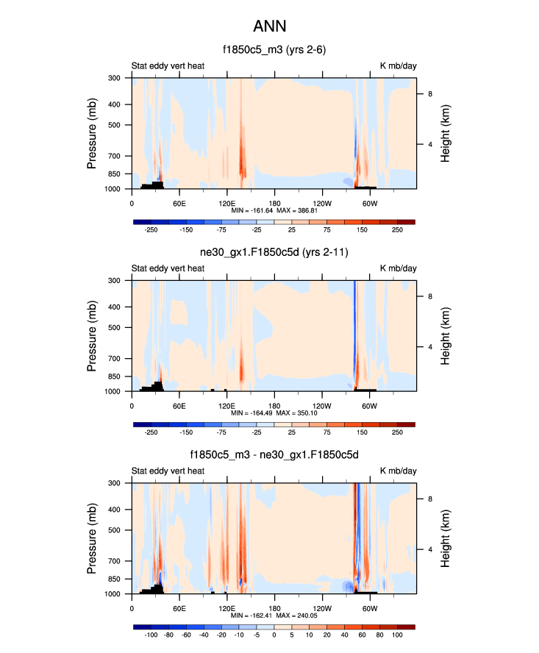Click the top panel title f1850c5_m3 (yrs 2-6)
click(x=274, y=50)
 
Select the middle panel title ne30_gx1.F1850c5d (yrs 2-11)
click(x=274, y=253)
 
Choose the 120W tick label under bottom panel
click(x=321, y=607)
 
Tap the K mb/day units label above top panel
click(x=398, y=66)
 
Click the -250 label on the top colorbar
click(x=151, y=230)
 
